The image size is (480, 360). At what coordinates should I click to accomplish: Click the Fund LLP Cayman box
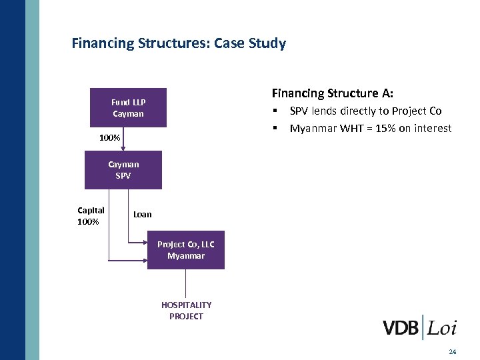[128, 107]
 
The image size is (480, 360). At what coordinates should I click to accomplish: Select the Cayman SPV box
[123, 170]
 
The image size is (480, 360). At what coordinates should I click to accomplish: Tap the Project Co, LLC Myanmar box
[185, 250]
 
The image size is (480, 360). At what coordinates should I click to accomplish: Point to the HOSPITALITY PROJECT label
[186, 311]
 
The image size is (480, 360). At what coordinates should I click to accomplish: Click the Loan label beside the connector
[142, 214]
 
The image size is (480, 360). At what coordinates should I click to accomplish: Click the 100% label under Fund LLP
[109, 138]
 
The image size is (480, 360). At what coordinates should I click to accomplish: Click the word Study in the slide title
[265, 44]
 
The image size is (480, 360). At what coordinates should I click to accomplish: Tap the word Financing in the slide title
[103, 44]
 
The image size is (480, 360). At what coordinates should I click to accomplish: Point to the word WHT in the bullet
[346, 128]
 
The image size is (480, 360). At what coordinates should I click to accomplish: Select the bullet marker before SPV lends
[275, 111]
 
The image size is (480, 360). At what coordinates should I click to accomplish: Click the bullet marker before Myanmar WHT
[275, 128]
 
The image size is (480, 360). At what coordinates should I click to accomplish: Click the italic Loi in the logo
[442, 328]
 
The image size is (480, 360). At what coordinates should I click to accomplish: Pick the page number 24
[453, 351]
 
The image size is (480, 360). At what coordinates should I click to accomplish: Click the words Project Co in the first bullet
[417, 111]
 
